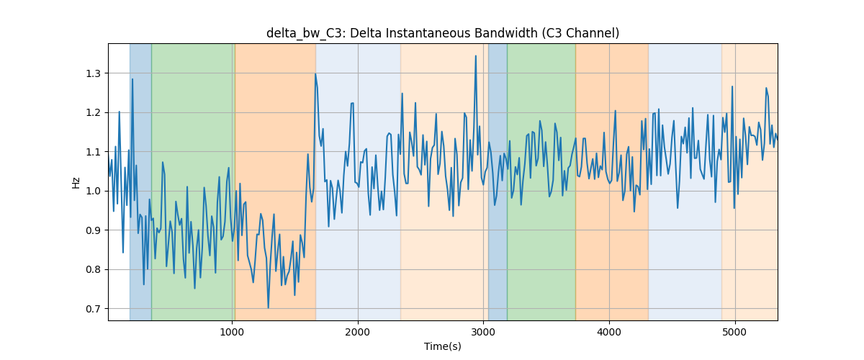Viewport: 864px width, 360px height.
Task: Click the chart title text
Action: [x=443, y=33]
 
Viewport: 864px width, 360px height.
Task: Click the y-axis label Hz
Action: [x=76, y=182]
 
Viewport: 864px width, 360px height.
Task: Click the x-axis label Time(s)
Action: [x=443, y=346]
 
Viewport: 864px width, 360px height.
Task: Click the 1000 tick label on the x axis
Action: [x=232, y=333]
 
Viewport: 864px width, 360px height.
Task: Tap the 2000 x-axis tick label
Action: [x=358, y=333]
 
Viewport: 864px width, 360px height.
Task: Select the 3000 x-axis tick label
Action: [x=484, y=333]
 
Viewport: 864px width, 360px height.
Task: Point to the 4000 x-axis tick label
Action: [x=609, y=333]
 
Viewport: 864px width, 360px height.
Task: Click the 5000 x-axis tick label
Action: [x=735, y=333]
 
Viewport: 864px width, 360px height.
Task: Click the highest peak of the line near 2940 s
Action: [x=476, y=56]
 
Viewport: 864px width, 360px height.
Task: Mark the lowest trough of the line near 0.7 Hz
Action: [x=268, y=308]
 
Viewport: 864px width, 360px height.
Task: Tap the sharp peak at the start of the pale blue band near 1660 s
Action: [x=315, y=74]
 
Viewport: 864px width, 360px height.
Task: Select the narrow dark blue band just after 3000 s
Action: [x=498, y=182]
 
